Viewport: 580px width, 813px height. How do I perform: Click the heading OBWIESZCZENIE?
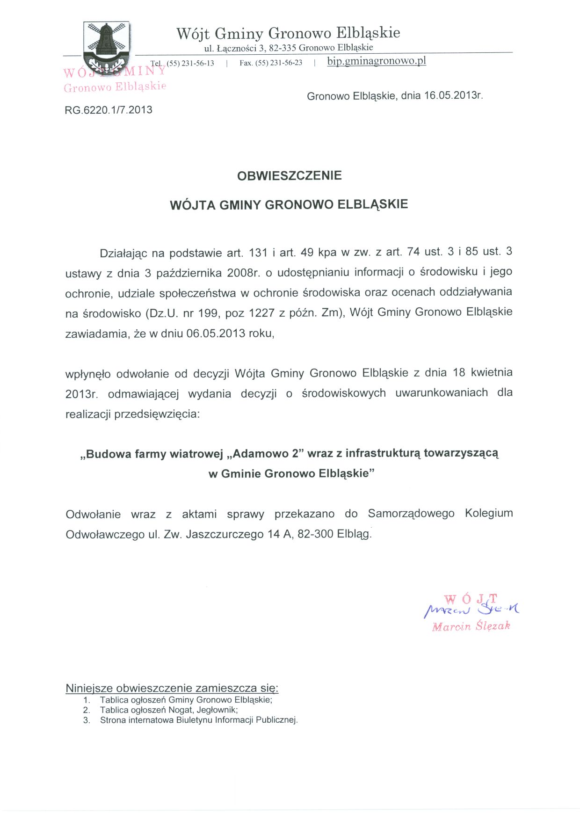[290, 176]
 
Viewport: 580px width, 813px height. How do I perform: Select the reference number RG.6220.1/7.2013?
[109, 110]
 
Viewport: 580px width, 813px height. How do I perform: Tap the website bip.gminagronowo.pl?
[377, 61]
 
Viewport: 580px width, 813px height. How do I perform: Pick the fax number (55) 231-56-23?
[279, 63]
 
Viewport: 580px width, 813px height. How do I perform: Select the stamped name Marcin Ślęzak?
[471, 626]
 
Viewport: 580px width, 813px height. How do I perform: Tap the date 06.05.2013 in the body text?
[216, 334]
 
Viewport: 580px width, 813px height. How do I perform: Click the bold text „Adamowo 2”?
[265, 454]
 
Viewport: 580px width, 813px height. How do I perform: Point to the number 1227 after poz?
[261, 313]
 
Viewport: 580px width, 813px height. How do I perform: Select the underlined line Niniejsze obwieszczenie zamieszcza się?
[172, 688]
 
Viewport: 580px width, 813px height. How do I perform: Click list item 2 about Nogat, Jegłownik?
[168, 710]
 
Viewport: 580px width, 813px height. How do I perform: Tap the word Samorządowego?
[411, 514]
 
